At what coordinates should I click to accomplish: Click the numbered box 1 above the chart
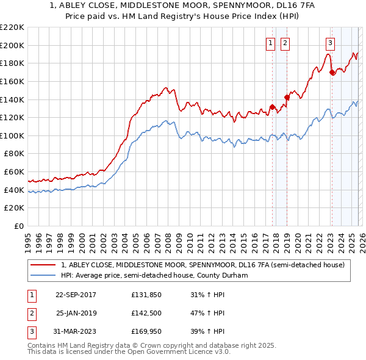pos(270,43)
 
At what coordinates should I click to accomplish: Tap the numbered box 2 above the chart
pos(285,43)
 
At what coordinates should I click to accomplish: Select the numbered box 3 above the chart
pos(330,43)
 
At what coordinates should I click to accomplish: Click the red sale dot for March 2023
pos(332,72)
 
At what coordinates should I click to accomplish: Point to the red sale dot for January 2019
pos(286,96)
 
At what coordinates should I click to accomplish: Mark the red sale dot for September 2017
pos(272,107)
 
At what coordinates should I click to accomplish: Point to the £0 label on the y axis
pos(18,226)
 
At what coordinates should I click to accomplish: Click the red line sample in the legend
pos(43,265)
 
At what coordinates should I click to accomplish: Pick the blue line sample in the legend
pos(43,275)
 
